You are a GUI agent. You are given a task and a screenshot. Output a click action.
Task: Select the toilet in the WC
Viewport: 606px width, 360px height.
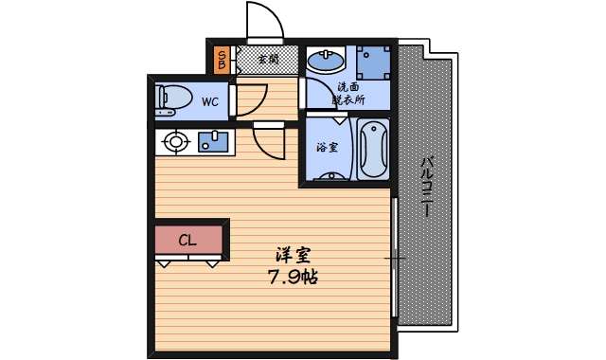[172, 97]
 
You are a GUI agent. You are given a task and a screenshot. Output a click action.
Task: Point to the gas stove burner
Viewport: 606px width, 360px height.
[175, 143]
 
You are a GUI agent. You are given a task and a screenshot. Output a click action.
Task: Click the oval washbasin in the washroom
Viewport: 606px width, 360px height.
[326, 62]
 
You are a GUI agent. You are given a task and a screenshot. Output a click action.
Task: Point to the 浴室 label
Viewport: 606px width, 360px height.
[327, 148]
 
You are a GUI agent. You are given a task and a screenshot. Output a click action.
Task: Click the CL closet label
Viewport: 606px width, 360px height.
[187, 240]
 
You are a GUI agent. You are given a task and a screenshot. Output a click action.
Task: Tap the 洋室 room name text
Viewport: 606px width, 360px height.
[293, 256]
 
